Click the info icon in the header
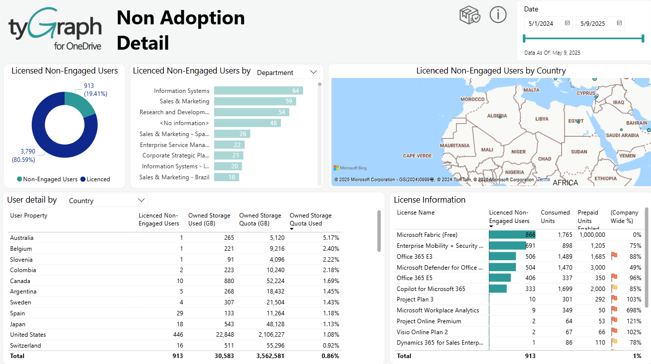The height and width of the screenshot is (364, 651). click(498, 15)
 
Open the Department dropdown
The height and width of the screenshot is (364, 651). click(287, 73)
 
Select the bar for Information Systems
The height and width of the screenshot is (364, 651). click(258, 90)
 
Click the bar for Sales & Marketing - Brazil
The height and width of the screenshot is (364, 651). click(227, 177)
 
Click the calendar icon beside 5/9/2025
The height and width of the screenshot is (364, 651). click(619, 23)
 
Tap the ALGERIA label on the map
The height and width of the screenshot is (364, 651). click(497, 116)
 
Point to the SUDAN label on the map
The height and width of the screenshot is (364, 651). click(579, 151)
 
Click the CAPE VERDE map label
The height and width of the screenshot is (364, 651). click(417, 156)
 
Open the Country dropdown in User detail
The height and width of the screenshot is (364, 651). click(107, 201)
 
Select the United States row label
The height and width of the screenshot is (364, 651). click(28, 335)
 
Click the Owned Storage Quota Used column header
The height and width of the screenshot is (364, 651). click(311, 219)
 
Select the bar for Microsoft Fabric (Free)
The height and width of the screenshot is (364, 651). click(512, 235)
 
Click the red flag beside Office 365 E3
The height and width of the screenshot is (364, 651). click(614, 256)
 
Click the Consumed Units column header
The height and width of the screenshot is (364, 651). click(555, 217)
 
